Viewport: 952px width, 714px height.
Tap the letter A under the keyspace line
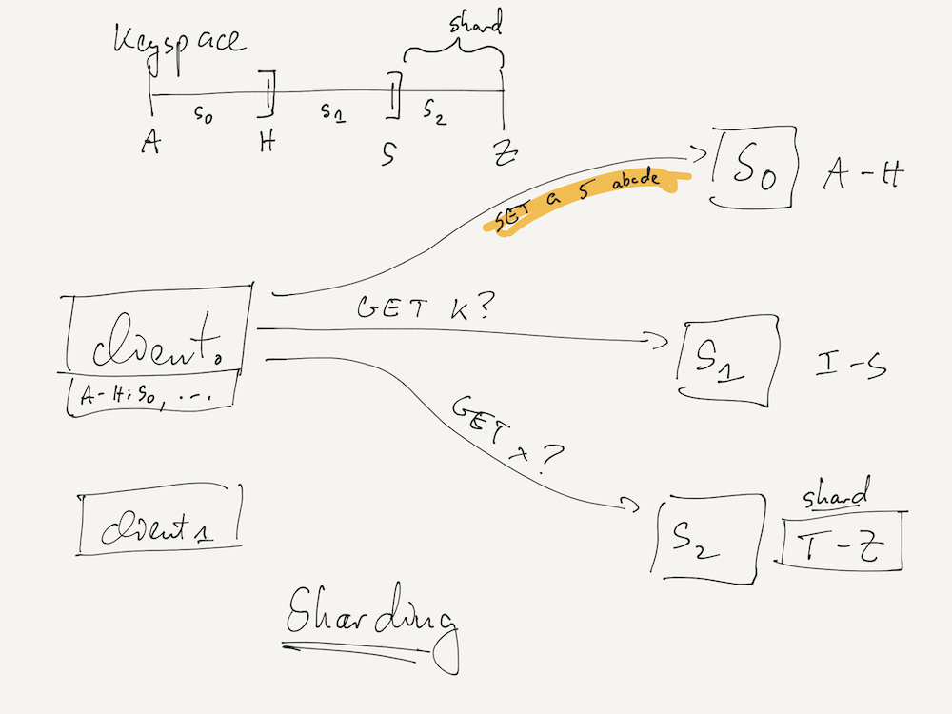coord(150,144)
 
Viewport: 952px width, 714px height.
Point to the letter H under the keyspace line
coord(268,144)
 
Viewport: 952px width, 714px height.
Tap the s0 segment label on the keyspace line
coord(203,112)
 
